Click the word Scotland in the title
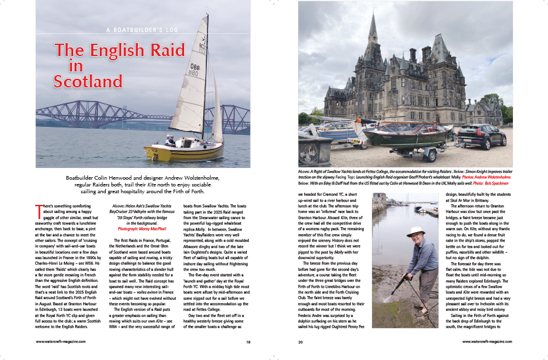click(88, 81)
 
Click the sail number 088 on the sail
click(195, 67)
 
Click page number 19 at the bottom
click(248, 342)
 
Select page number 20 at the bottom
click(301, 342)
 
